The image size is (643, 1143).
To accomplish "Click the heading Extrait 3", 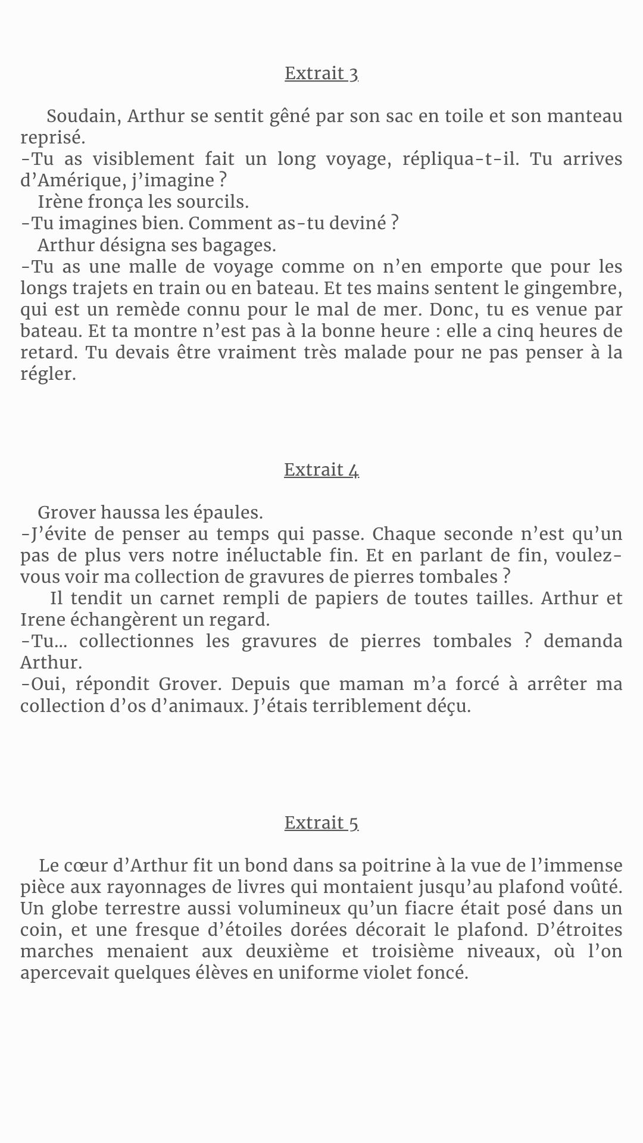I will [321, 73].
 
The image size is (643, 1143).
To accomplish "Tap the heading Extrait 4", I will [321, 470].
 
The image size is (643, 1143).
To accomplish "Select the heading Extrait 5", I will [321, 823].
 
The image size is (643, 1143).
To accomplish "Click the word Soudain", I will [82, 116].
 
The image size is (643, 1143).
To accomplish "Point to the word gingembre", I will [572, 289].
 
